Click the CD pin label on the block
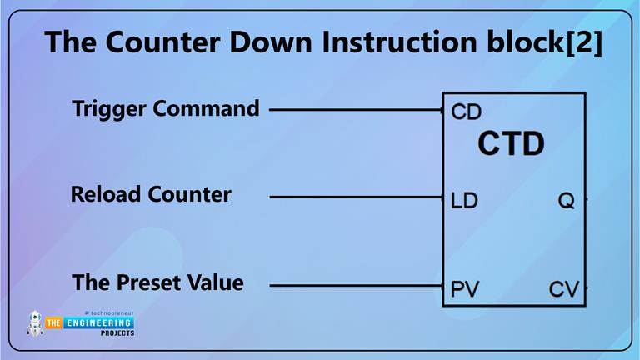[x=466, y=112]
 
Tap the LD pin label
[x=464, y=201]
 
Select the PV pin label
[x=465, y=290]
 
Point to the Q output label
[x=566, y=201]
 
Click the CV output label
[x=563, y=290]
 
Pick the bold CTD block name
[x=511, y=144]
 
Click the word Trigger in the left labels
[x=107, y=109]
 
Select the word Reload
[x=106, y=195]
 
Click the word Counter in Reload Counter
[x=189, y=195]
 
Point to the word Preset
[x=147, y=282]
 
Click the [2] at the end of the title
[x=580, y=42]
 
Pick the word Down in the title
[x=227, y=42]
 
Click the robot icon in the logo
[x=35, y=323]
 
